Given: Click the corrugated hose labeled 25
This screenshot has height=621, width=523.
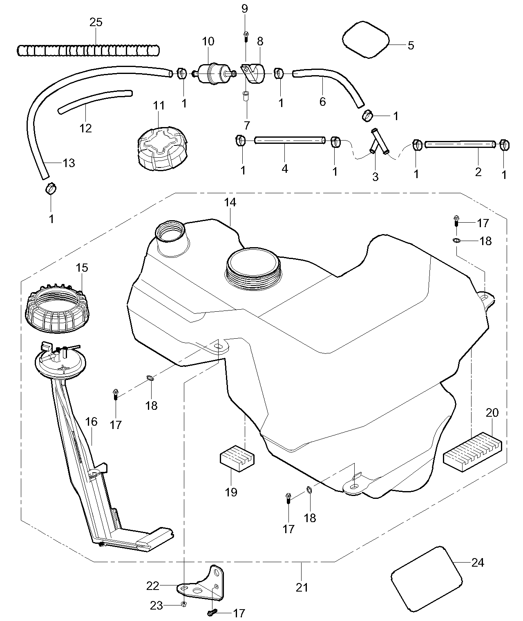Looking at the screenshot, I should (x=88, y=50).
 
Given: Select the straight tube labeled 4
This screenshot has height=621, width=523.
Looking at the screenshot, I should (x=289, y=140).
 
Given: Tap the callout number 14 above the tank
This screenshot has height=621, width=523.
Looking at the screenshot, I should (x=230, y=202).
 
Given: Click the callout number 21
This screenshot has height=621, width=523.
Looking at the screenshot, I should (x=302, y=587).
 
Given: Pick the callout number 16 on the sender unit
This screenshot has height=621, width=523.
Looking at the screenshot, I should (x=92, y=421).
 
